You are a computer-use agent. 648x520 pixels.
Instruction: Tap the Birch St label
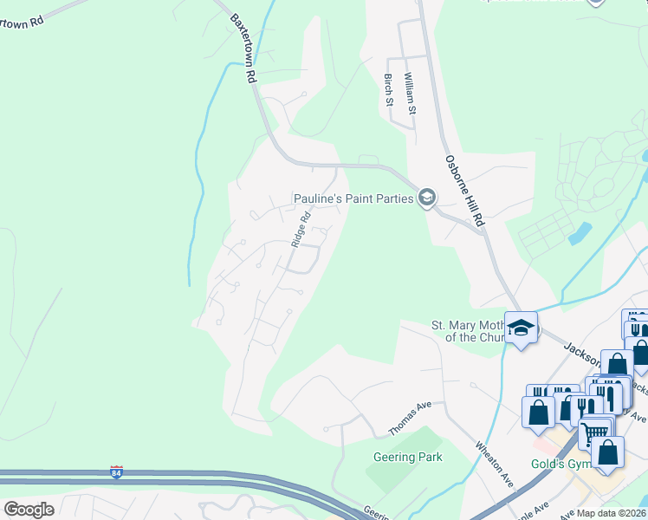pos(388,90)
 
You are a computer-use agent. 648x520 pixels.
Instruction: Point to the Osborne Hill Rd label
pos(463,192)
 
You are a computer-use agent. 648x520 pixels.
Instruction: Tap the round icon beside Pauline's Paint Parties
pos(426,198)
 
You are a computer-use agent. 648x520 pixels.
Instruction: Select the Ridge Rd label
pos(300,231)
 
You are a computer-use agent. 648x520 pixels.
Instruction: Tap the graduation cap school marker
pos(521,328)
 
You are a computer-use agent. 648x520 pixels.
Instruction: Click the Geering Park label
pos(407,457)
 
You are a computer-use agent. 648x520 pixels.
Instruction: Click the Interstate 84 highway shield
pos(116,472)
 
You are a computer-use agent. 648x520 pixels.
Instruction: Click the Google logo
pos(29,509)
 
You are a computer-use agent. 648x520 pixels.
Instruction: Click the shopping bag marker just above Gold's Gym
pos(607,452)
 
